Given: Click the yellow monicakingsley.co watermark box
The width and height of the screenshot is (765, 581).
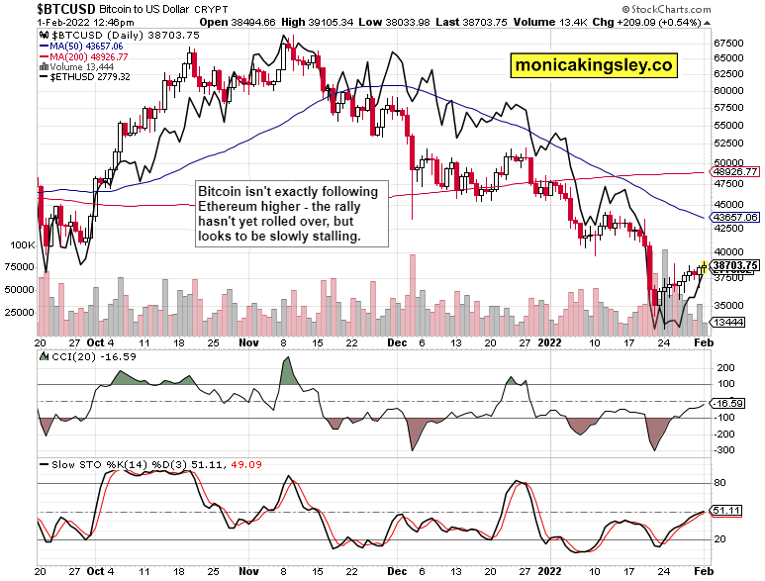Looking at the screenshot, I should click(x=594, y=65).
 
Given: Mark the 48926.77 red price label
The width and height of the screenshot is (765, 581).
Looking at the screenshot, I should click(x=735, y=171).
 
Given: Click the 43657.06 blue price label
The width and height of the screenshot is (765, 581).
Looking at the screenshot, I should click(x=735, y=216).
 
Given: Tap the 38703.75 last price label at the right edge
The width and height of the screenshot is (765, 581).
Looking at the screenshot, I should click(x=735, y=265).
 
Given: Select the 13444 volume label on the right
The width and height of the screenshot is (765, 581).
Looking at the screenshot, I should click(x=733, y=323).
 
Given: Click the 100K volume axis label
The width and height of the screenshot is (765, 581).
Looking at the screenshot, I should click(x=21, y=242).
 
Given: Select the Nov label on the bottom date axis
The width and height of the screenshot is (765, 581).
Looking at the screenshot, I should click(x=249, y=571).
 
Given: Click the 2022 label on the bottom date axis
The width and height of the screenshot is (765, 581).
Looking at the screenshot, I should click(x=550, y=571).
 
